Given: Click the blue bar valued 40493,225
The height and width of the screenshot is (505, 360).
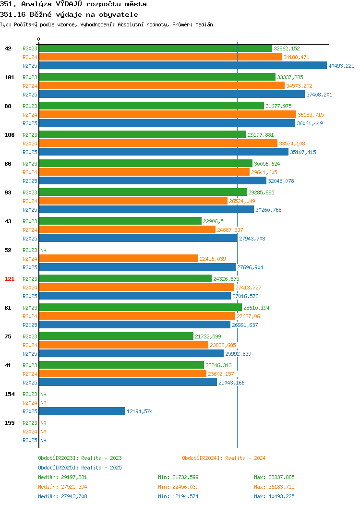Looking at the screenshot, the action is pos(183,65).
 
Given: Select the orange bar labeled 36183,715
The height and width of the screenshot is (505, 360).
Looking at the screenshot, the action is pos(168,114).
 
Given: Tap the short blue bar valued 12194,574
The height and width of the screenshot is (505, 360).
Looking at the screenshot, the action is pos(82,411).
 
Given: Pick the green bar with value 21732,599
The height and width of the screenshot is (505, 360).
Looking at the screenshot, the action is pos(116,336).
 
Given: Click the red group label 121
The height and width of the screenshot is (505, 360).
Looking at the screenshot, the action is pos(9,279).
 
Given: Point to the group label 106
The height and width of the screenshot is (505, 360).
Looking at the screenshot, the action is pos(9,135).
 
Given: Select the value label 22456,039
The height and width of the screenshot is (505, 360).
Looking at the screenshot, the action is pos(213,259).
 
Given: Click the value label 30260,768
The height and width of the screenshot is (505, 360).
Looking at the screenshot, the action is pos(268,210).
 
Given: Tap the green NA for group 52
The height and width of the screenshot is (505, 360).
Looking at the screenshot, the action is pos(44,250).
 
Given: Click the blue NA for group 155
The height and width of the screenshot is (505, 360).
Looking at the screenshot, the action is pos(44,440).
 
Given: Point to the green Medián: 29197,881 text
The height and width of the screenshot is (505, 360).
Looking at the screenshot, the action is pos(62,477).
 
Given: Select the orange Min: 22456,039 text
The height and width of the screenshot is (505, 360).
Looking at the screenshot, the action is pos(178,487).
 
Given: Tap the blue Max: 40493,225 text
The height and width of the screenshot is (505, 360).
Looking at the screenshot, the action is pos(274,496).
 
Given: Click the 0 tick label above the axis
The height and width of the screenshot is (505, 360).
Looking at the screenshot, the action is pos(39,39).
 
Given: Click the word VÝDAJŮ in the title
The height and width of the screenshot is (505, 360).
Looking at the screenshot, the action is pos(69,4).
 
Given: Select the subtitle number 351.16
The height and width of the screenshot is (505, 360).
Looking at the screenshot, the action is pos(12,14).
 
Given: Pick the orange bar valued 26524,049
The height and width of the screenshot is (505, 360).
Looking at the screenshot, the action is pos(133,201).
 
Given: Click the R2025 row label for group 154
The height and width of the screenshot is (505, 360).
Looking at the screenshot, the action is pos(30,411).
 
